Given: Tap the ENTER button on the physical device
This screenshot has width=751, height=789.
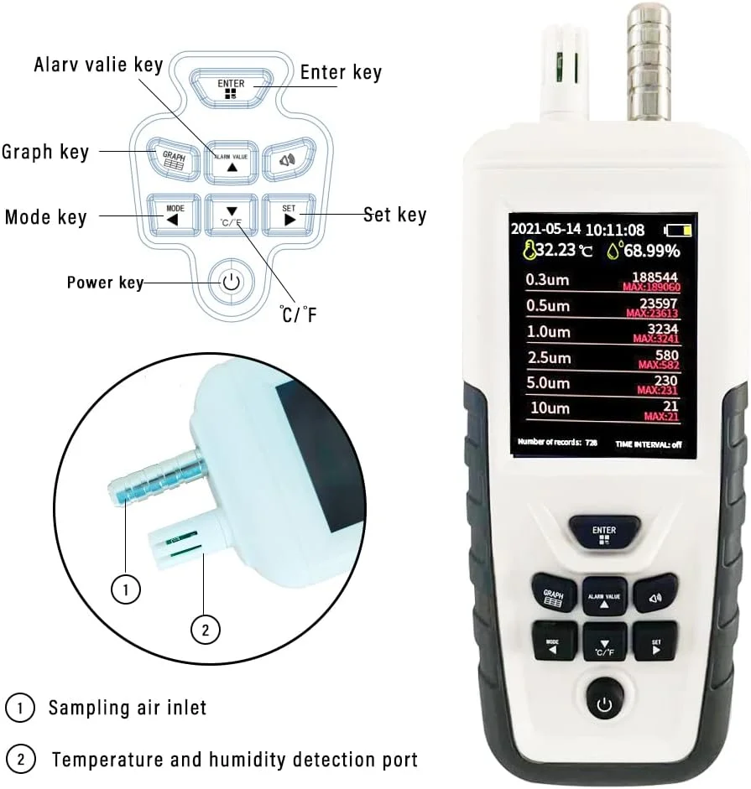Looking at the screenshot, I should (x=603, y=533).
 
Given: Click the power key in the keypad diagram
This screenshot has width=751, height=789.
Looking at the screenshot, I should (x=232, y=282).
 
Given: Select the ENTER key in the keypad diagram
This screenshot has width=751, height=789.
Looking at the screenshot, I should (x=231, y=87).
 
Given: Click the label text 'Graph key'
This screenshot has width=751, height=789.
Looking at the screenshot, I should (x=45, y=152).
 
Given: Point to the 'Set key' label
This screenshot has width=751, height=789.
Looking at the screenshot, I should (x=395, y=215).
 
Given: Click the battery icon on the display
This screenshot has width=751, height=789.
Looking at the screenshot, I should (x=680, y=230).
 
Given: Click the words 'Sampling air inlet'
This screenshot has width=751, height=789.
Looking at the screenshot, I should (x=127, y=708).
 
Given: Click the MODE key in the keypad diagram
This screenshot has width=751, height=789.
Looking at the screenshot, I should (x=174, y=215).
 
